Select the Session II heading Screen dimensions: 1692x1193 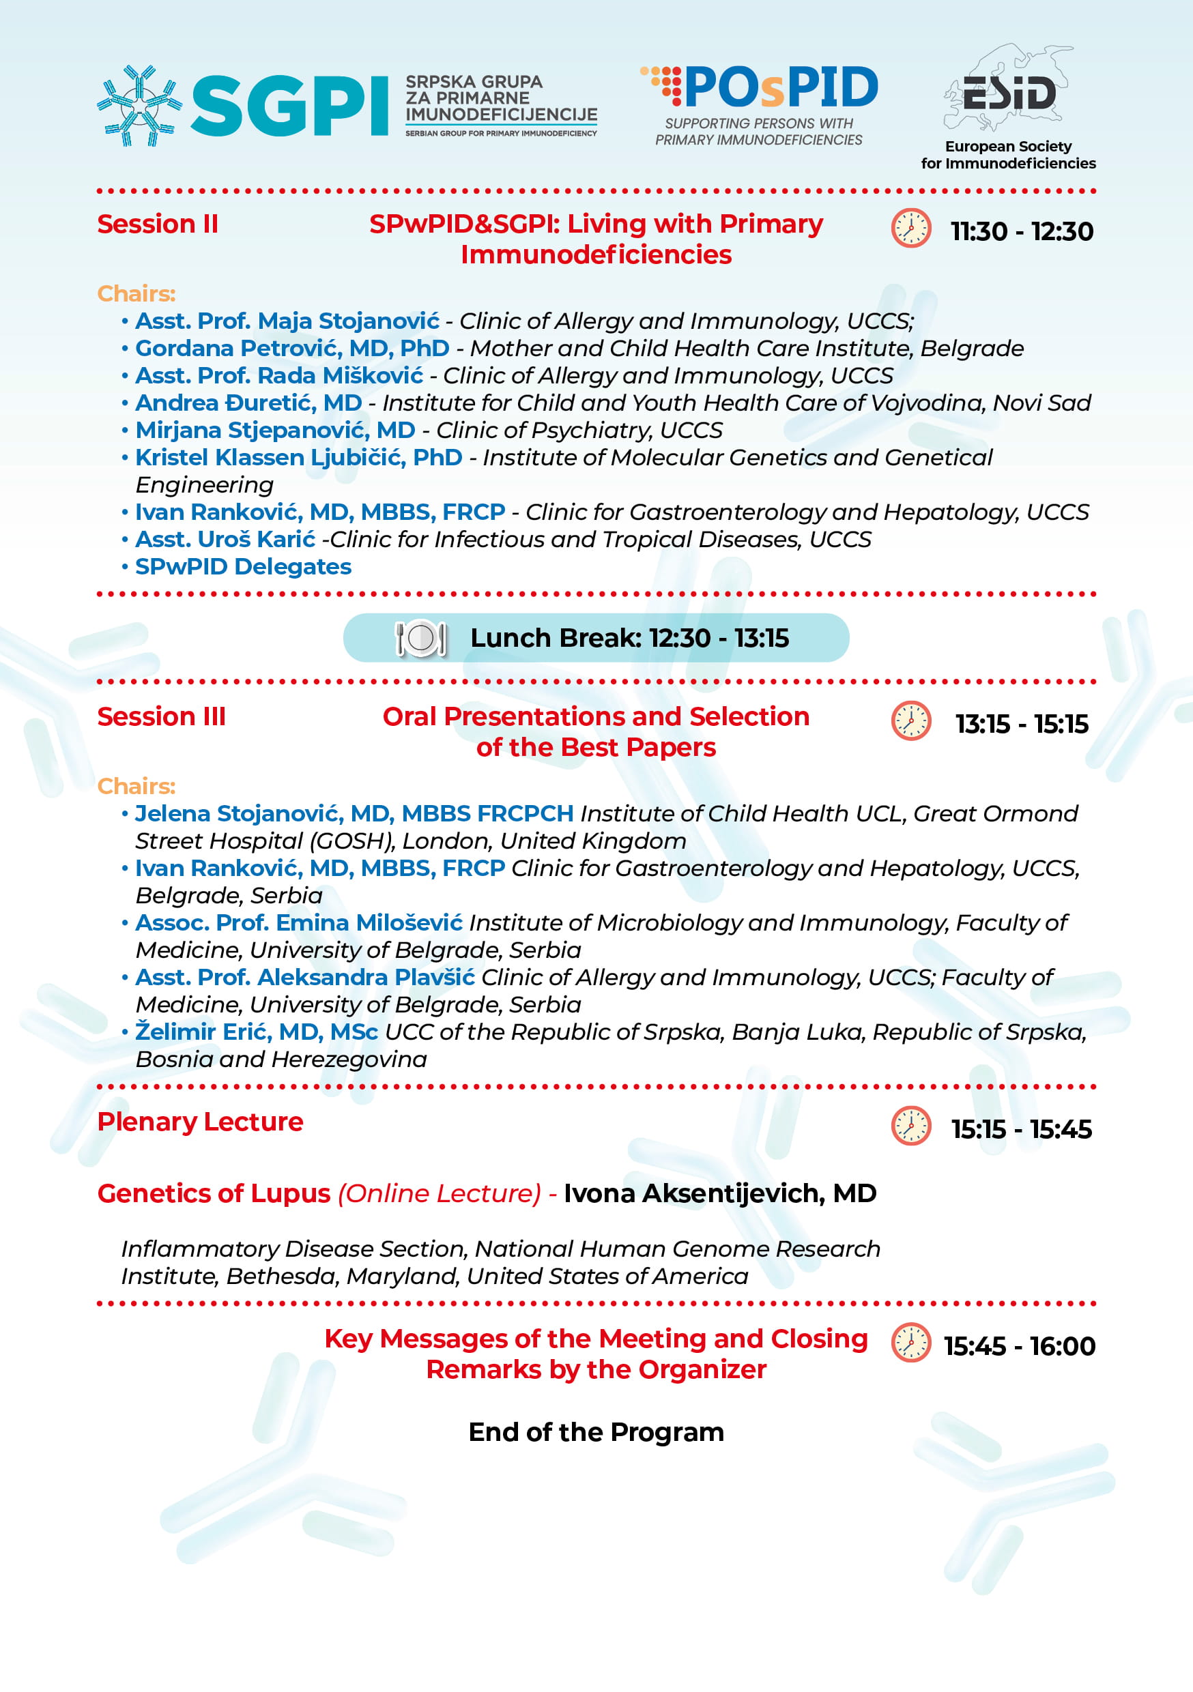pyautogui.click(x=158, y=224)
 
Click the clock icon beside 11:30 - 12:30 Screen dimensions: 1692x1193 pyautogui.click(x=910, y=229)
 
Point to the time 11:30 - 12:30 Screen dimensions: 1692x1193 pyautogui.click(x=1021, y=231)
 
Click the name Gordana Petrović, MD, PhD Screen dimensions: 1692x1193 pyautogui.click(x=292, y=348)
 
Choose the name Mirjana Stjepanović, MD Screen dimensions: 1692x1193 pyautogui.click(x=275, y=430)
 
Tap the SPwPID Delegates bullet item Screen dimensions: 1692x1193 pyautogui.click(x=244, y=567)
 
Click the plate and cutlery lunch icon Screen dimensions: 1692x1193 pyautogui.click(x=420, y=638)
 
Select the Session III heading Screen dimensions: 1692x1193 pyautogui.click(x=162, y=716)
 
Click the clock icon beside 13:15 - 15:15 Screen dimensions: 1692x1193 pyautogui.click(x=910, y=720)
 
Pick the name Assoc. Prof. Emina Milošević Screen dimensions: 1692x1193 pyautogui.click(x=299, y=922)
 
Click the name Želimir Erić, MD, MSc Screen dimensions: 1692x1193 pyautogui.click(x=257, y=1032)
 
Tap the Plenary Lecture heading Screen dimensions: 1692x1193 pyautogui.click(x=201, y=1122)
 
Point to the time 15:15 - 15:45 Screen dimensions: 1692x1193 pyautogui.click(x=1021, y=1129)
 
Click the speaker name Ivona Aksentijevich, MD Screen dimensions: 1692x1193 pyautogui.click(x=719, y=1193)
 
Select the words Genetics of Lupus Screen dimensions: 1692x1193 pyautogui.click(x=214, y=1193)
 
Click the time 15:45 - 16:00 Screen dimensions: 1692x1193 pyautogui.click(x=1020, y=1346)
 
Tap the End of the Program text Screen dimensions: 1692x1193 pyautogui.click(x=596, y=1432)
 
